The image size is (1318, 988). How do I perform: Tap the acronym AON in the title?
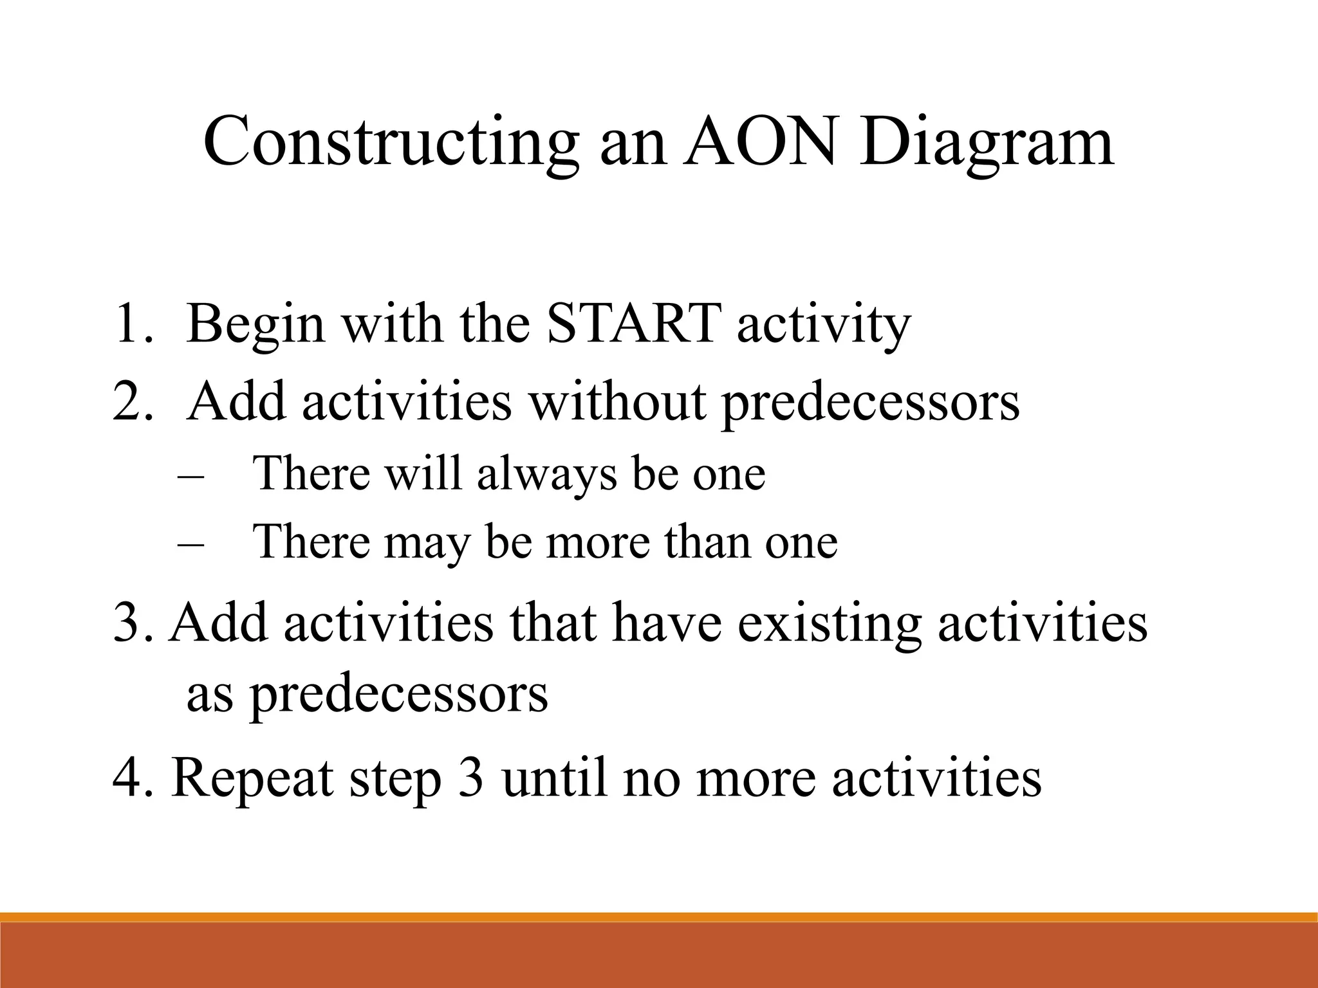761,140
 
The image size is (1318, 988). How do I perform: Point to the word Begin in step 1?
255,325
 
